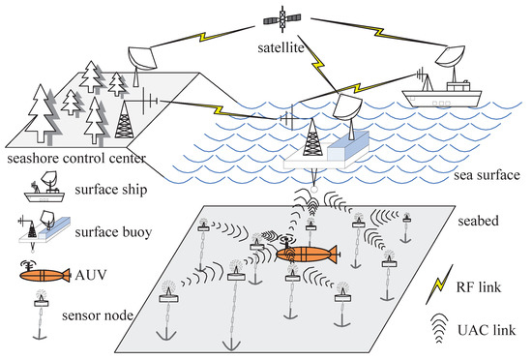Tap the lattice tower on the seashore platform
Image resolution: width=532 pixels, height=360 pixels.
(x=123, y=120)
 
